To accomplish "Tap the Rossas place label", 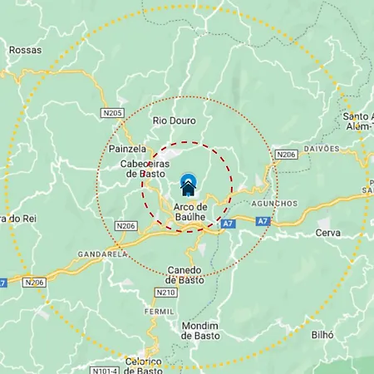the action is tap(25, 50).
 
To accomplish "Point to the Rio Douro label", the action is tap(174, 121).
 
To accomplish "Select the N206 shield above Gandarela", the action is tap(126, 225).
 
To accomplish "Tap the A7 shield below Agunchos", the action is tap(263, 221).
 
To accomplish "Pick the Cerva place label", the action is tap(328, 233).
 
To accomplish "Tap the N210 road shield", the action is tap(165, 293).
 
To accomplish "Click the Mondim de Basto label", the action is tap(199, 330).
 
